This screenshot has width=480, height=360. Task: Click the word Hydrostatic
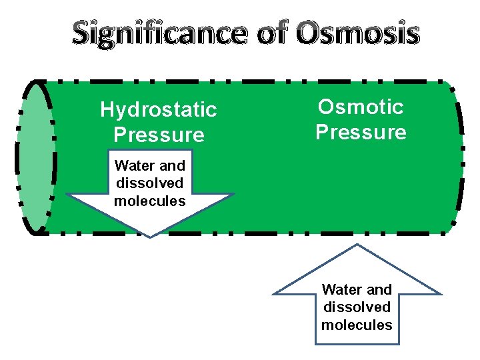(x=159, y=109)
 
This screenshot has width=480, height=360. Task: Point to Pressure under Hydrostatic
(x=159, y=135)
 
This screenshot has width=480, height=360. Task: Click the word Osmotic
(x=361, y=107)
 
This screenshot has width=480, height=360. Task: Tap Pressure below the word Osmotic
(x=361, y=133)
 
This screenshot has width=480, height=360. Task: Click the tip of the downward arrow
(x=151, y=235)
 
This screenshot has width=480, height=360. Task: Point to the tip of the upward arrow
(x=357, y=246)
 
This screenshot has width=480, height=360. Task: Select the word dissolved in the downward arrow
(x=150, y=183)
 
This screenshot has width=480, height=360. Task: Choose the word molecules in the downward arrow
(x=150, y=201)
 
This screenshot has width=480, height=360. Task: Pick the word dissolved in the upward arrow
(x=357, y=307)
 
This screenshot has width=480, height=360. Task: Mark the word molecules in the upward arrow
(x=357, y=325)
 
